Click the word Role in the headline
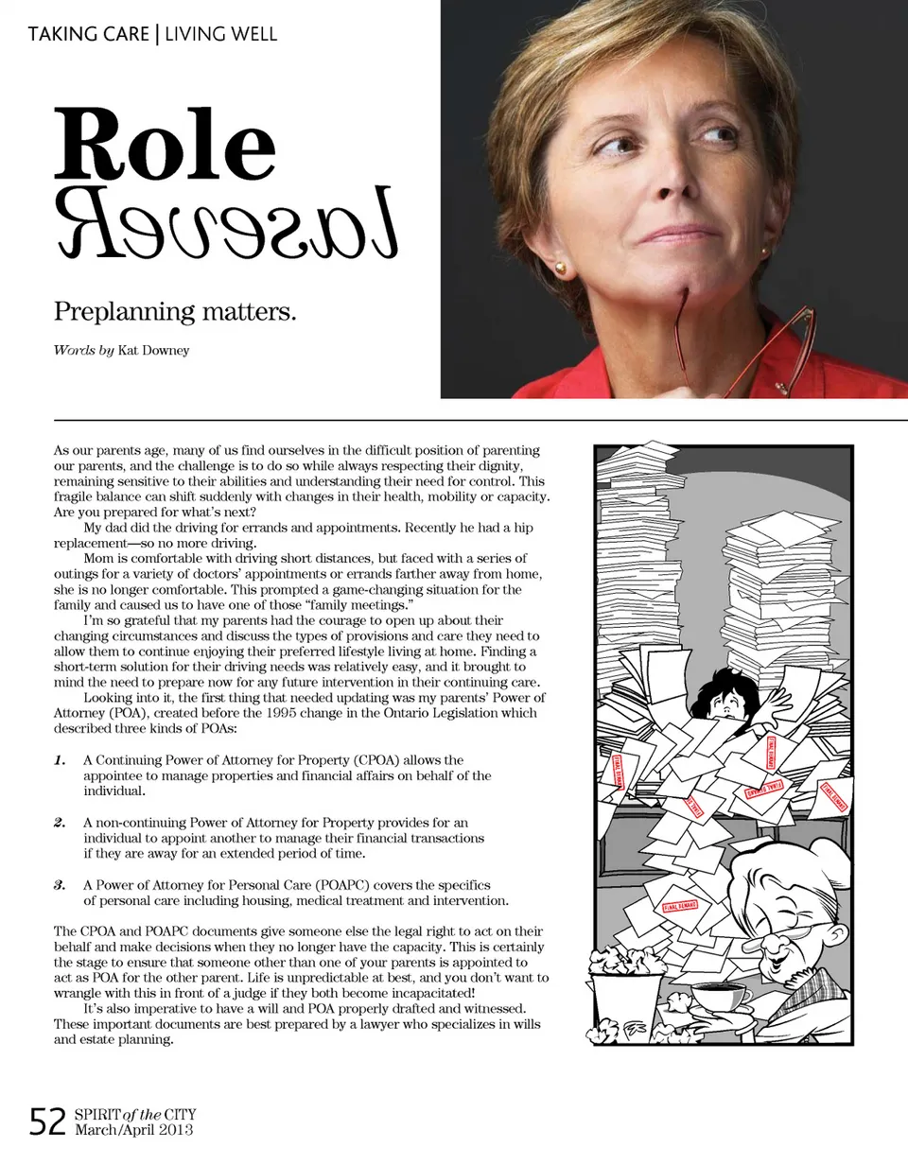coord(165,146)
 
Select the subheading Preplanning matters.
coord(175,311)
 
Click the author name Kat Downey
coord(153,351)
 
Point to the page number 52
coord(47,1122)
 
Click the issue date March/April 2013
coord(133,1130)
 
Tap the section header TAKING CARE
coord(88,35)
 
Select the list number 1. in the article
coord(60,760)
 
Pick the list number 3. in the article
coord(60,885)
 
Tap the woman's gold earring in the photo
coord(560,269)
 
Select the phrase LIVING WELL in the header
coord(221,35)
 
